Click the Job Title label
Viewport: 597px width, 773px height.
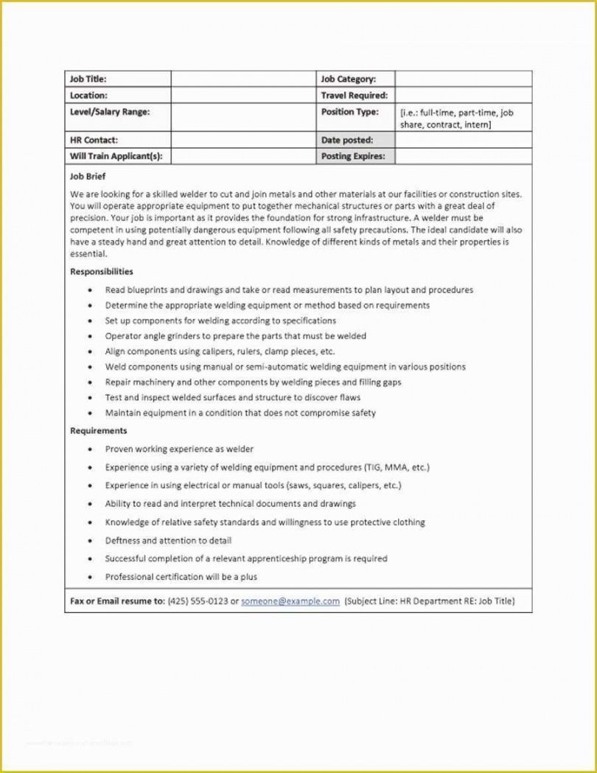click(x=88, y=79)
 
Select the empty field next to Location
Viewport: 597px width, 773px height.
click(x=242, y=95)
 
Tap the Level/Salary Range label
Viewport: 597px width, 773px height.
click(x=109, y=112)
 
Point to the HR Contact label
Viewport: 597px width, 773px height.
click(x=94, y=140)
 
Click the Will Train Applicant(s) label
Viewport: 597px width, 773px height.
click(x=116, y=156)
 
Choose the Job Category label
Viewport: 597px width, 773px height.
click(x=349, y=79)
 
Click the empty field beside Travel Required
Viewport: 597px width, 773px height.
click(x=463, y=95)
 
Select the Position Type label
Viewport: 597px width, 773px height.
click(x=350, y=112)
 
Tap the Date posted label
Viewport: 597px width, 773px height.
click(x=347, y=140)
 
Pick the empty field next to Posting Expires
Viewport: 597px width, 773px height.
click(x=463, y=156)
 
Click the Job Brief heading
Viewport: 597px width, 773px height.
click(x=88, y=177)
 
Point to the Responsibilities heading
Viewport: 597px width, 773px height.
click(x=102, y=272)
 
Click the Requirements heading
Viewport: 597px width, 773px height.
click(x=99, y=430)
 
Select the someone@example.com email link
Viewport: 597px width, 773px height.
click(x=290, y=601)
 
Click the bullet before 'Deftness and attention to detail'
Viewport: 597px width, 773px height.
click(x=90, y=541)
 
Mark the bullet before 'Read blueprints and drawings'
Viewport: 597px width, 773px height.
click(x=90, y=290)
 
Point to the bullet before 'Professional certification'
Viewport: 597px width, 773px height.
click(x=90, y=577)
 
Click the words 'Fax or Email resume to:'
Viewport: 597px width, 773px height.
click(x=117, y=601)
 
